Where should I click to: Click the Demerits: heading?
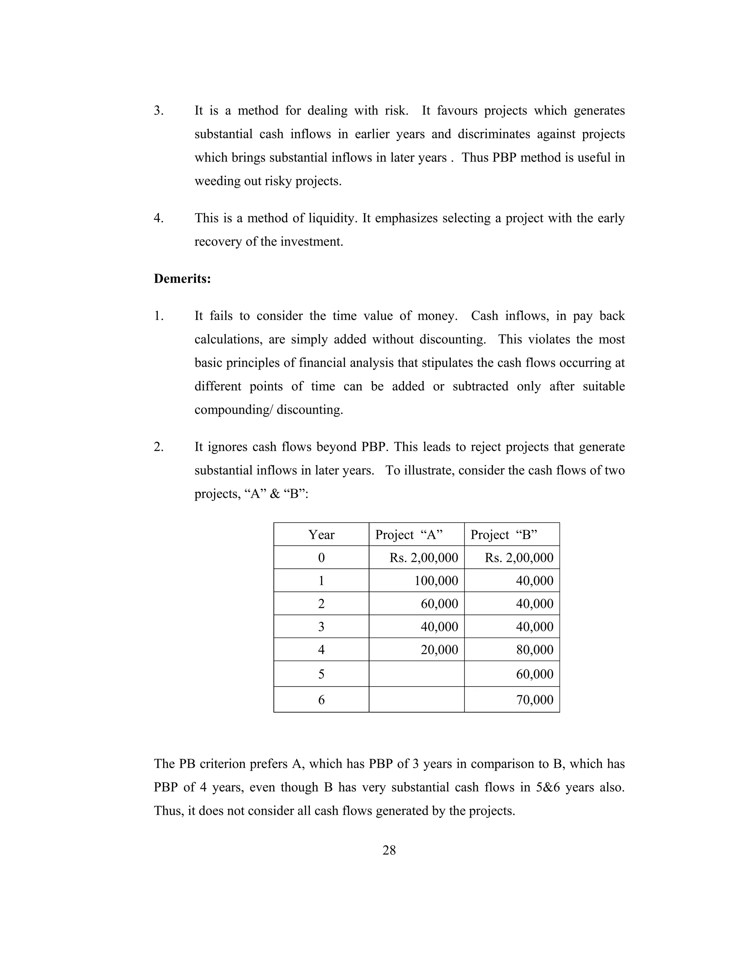(182, 279)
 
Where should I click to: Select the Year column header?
(321, 534)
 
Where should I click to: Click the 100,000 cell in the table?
(436, 581)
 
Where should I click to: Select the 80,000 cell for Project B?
(534, 650)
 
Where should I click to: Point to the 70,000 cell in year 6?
(534, 699)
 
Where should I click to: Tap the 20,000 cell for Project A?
(439, 650)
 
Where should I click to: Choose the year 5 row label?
(321, 674)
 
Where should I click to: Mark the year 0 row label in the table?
(321, 558)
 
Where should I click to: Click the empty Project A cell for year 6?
(416, 699)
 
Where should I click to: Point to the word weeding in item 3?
(212, 181)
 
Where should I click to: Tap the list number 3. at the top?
(159, 111)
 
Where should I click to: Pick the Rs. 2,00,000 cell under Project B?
(519, 558)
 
